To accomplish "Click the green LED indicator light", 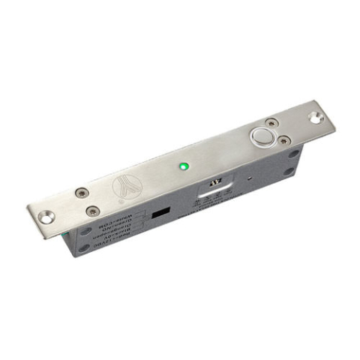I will [183, 165].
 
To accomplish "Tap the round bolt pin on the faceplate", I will [263, 138].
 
